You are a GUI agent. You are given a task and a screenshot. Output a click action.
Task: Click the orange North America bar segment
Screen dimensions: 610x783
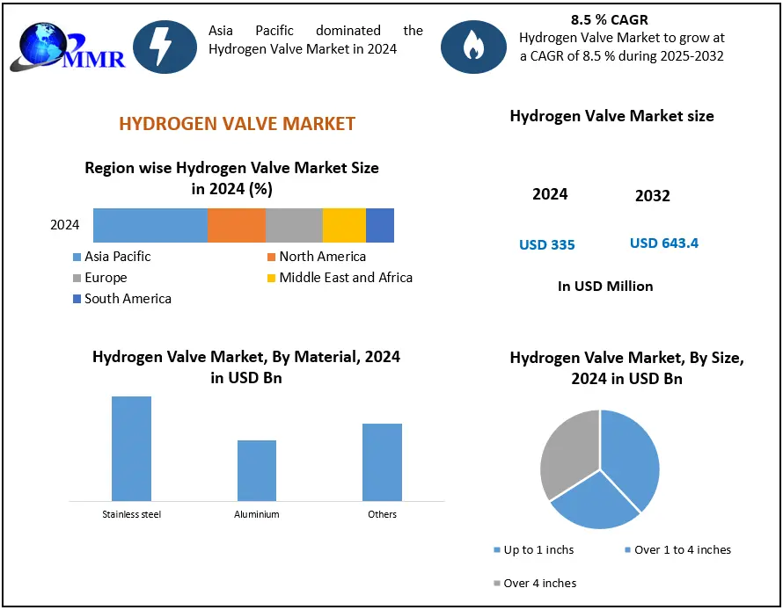236,225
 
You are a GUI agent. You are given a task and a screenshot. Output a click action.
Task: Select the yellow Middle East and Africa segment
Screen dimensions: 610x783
344,225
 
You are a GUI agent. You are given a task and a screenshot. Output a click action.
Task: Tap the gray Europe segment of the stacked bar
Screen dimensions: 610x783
294,225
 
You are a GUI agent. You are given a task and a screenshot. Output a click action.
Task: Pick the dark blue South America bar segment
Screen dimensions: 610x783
380,225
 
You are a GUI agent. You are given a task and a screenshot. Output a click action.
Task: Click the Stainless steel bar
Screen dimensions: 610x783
131,448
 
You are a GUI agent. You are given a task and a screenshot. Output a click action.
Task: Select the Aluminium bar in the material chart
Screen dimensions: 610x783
257,470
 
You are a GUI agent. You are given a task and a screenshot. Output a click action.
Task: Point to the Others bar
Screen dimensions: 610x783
382,461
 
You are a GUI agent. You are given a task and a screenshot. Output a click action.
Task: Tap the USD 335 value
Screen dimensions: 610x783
547,244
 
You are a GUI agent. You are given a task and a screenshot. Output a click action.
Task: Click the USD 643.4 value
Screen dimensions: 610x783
664,243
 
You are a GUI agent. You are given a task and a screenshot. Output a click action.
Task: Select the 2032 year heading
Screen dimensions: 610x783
653,196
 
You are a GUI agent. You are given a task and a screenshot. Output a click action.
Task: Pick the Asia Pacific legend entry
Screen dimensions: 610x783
117,257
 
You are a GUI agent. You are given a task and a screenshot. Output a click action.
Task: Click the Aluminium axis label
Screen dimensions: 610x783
257,514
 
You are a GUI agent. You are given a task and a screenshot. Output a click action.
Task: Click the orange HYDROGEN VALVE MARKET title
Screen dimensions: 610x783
238,123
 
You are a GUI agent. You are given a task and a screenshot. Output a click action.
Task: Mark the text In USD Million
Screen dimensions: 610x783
605,286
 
